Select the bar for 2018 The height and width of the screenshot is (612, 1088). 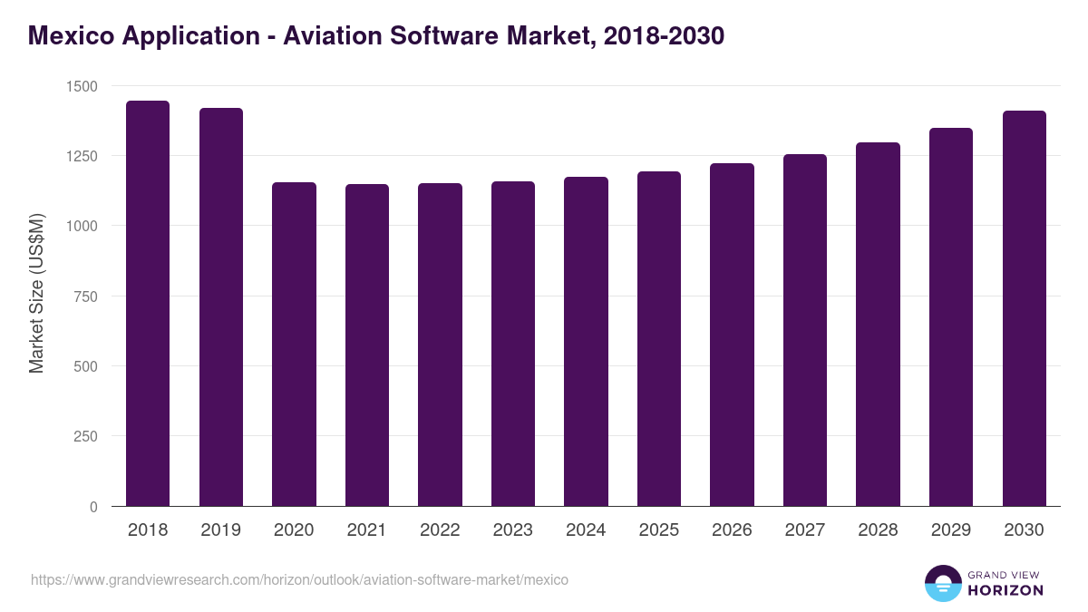coord(148,304)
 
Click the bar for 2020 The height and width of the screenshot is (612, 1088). coord(294,345)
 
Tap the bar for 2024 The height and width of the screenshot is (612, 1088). coord(586,342)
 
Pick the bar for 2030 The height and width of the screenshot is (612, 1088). coord(1024,308)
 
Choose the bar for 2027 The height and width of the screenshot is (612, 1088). coord(805,330)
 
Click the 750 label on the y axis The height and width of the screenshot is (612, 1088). coord(86,296)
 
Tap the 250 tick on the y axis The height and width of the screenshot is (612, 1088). coord(86,436)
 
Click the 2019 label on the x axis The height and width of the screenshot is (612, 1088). coord(221,530)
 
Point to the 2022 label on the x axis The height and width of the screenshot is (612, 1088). coord(440,530)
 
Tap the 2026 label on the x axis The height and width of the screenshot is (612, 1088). coord(732,530)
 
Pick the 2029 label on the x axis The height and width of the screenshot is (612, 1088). coord(951,530)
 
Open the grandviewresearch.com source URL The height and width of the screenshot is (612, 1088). coord(299,579)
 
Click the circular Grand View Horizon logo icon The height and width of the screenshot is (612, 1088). coord(942,583)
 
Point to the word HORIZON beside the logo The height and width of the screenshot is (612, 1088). coord(1005,590)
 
